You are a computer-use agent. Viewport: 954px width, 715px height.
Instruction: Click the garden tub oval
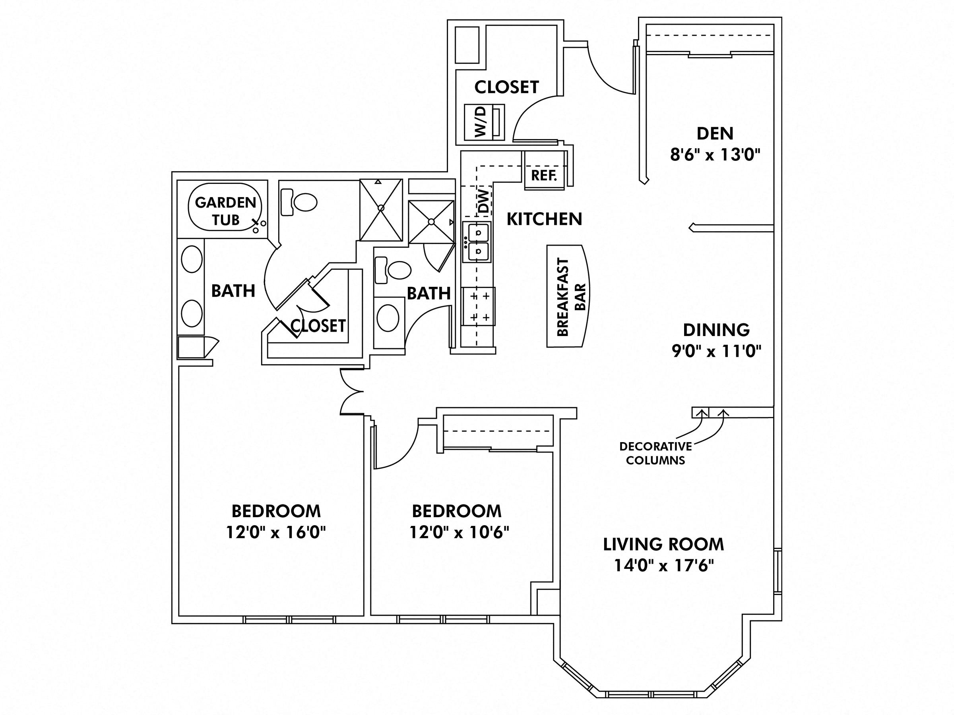[x=225, y=207]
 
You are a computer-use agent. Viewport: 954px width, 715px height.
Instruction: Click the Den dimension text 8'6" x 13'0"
[x=715, y=154]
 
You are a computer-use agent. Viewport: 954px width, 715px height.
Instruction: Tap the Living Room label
[x=663, y=544]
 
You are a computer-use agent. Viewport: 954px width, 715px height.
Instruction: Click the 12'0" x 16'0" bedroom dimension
[x=276, y=533]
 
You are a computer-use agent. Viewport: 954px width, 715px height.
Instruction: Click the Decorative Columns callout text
[x=655, y=453]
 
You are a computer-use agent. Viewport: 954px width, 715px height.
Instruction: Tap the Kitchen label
[x=544, y=219]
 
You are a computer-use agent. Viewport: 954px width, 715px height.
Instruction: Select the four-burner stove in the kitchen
[x=479, y=306]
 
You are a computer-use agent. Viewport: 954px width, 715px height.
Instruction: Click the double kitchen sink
[x=477, y=242]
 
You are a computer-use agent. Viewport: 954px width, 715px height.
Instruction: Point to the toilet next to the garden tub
[x=299, y=202]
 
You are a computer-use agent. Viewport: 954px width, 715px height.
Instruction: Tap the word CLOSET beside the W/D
[x=506, y=87]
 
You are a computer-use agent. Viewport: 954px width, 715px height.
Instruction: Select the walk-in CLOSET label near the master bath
[x=318, y=326]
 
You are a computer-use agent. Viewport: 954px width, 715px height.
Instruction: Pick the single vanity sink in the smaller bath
[x=388, y=318]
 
